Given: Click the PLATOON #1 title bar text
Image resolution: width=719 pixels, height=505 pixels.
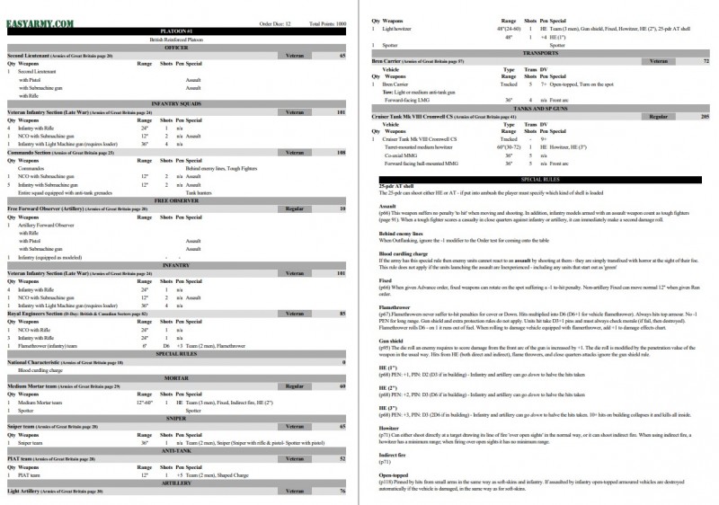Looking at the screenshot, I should [x=175, y=31].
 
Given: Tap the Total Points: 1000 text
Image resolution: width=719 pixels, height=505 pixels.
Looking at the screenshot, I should [x=327, y=22].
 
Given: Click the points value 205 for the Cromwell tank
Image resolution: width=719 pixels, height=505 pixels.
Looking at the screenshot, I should [x=706, y=118].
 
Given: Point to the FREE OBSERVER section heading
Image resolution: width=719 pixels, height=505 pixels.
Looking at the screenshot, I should [x=175, y=199].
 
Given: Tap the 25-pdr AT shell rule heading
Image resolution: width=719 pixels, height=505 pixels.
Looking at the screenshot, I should [x=395, y=186].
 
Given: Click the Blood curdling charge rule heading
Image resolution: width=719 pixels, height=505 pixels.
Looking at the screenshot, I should [x=404, y=254].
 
